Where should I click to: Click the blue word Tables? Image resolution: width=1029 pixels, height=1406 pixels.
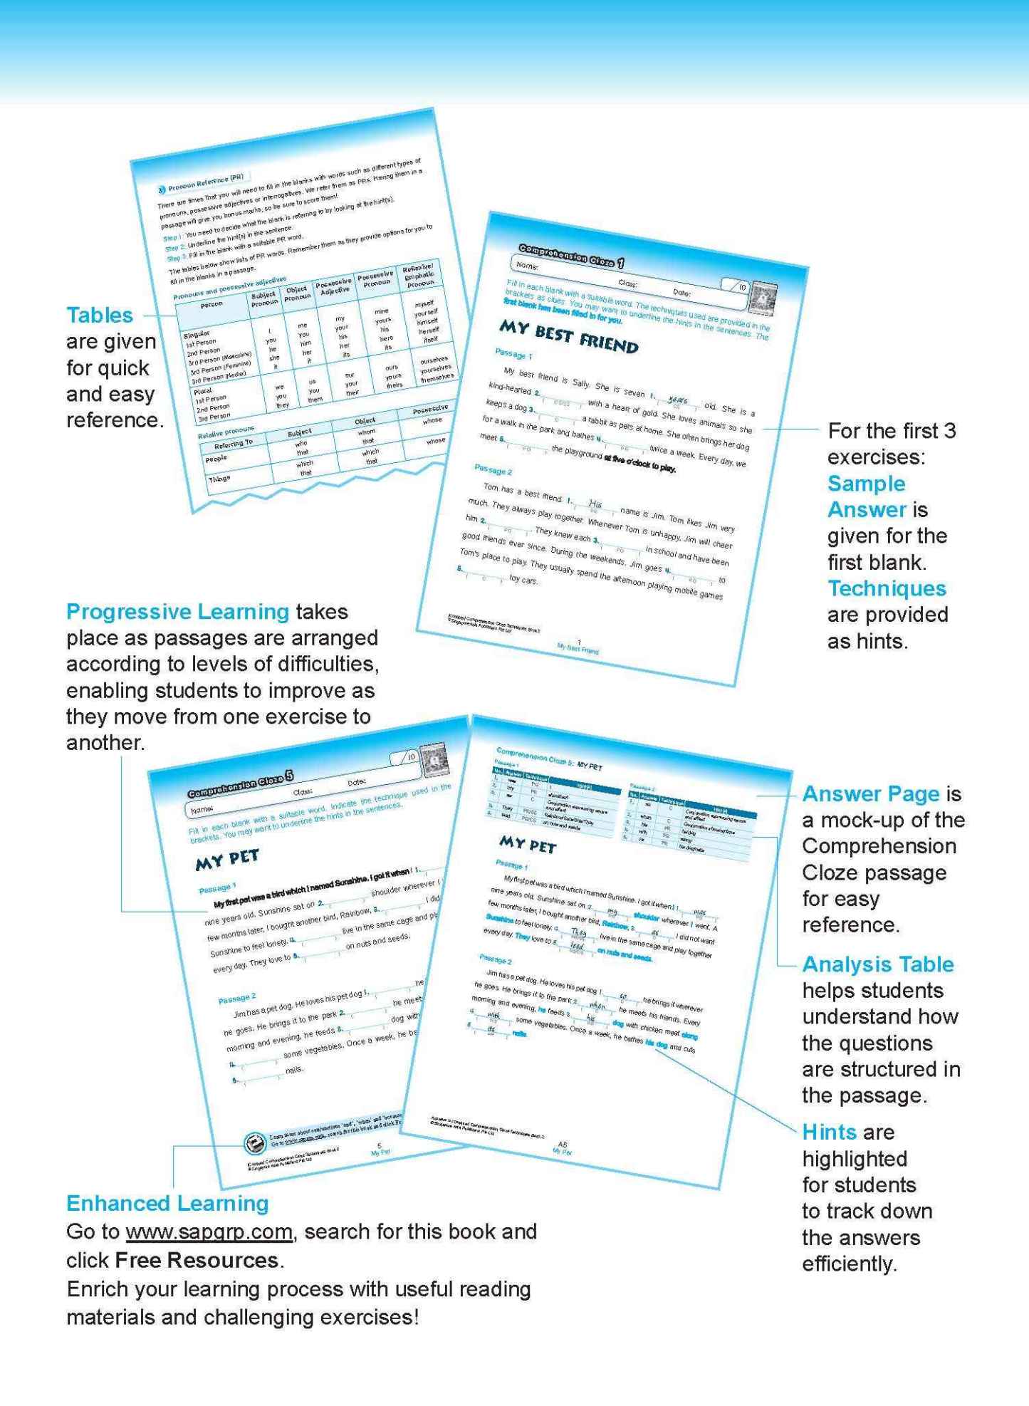(x=100, y=315)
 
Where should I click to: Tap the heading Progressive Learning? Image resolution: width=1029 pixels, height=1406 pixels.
(x=177, y=612)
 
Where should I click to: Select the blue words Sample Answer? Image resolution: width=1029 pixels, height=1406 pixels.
(x=867, y=496)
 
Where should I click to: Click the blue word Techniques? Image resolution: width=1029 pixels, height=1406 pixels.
(x=887, y=588)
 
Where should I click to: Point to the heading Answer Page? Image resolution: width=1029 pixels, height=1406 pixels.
(x=870, y=793)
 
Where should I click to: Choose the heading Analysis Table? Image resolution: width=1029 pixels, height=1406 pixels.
(x=877, y=964)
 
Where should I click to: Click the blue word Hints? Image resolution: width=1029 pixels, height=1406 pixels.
(x=829, y=1132)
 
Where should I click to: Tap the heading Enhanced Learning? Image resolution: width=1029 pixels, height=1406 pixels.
(x=167, y=1203)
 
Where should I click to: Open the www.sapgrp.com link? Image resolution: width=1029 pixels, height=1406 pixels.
(x=209, y=1231)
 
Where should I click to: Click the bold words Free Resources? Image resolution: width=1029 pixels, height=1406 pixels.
(x=196, y=1260)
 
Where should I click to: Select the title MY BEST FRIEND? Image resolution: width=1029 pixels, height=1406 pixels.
(x=568, y=337)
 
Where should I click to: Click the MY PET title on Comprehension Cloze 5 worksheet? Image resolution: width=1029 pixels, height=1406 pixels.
(x=227, y=860)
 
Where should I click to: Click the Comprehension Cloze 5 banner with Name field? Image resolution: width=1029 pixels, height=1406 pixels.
(x=241, y=784)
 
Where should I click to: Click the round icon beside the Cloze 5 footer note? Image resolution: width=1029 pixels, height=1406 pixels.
(x=254, y=1144)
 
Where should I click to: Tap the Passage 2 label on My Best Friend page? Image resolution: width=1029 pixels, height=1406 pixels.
(x=493, y=469)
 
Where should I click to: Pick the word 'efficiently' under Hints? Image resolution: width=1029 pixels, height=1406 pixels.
(x=849, y=1264)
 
